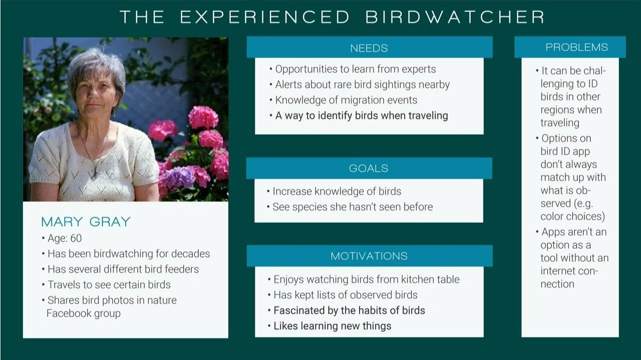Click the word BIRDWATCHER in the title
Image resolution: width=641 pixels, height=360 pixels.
click(x=455, y=17)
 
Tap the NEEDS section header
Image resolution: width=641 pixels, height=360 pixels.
click(x=369, y=48)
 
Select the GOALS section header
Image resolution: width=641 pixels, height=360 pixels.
click(x=369, y=168)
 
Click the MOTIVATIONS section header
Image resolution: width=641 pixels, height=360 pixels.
click(x=369, y=256)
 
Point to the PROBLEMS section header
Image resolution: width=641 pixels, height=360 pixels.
click(x=576, y=47)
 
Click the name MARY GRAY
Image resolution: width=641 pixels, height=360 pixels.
click(x=86, y=222)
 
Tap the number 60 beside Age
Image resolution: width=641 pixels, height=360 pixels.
click(x=76, y=238)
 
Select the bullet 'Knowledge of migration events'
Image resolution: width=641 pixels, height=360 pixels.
click(x=344, y=100)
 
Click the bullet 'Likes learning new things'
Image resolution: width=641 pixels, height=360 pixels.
click(x=330, y=326)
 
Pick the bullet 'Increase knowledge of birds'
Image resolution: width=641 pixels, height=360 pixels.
click(x=334, y=191)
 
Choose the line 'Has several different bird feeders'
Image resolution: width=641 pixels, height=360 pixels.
click(x=120, y=269)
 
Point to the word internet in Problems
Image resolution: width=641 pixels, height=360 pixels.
click(x=557, y=271)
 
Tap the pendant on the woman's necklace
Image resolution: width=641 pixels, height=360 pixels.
click(x=95, y=171)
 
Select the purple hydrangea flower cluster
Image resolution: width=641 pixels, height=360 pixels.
click(x=177, y=177)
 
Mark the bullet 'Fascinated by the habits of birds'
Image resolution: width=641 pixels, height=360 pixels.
click(x=346, y=310)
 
